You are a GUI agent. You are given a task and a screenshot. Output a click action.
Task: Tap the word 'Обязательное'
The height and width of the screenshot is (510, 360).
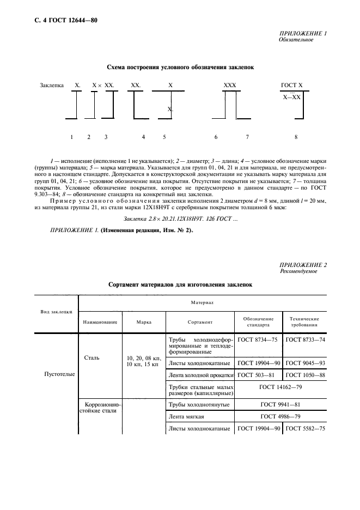click(x=296, y=40)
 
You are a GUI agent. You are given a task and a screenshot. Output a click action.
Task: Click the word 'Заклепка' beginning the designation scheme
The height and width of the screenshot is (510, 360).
click(x=52, y=86)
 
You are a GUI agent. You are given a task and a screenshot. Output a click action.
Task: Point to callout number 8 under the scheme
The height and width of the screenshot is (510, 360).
click(x=296, y=137)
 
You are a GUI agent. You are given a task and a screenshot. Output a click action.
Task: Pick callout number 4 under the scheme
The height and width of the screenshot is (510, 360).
click(x=143, y=137)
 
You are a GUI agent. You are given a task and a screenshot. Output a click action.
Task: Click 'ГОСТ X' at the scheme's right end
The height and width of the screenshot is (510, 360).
click(x=291, y=86)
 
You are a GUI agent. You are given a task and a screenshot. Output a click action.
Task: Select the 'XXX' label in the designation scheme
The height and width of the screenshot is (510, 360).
click(x=230, y=86)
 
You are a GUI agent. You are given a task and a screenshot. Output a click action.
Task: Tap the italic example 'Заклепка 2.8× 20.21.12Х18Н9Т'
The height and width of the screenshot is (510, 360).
click(x=180, y=218)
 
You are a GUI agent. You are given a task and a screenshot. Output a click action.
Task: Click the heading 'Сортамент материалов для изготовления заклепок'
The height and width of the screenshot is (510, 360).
click(x=180, y=284)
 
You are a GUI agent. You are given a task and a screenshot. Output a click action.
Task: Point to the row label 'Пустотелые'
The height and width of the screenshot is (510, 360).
click(x=57, y=374)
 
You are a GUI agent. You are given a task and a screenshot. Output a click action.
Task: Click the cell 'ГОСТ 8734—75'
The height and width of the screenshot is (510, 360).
click(x=258, y=339)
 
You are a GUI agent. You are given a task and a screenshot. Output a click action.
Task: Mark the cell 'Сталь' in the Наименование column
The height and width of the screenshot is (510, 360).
click(x=92, y=358)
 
